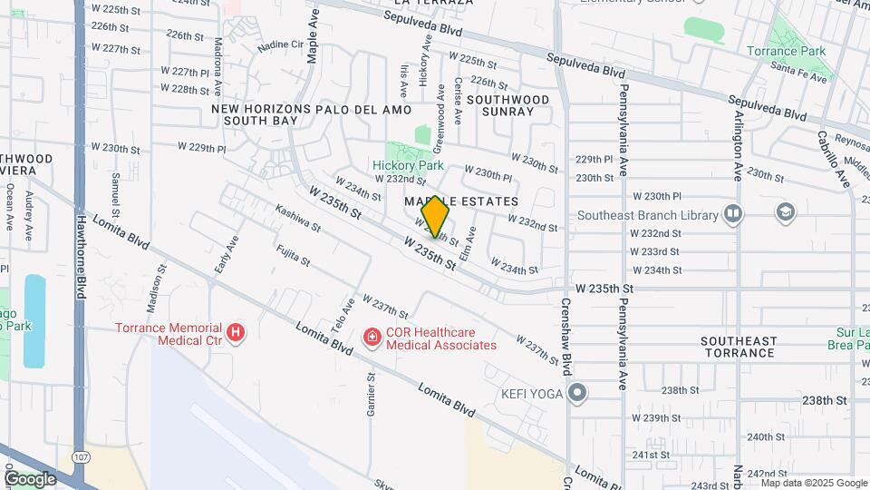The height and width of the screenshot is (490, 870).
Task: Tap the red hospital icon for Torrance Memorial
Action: click(x=236, y=334)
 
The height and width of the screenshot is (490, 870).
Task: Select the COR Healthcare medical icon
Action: click(x=372, y=338)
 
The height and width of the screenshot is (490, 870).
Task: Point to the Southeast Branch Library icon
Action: click(x=733, y=215)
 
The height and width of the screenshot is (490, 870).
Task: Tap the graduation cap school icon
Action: click(x=786, y=212)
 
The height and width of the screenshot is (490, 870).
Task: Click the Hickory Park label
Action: click(x=408, y=166)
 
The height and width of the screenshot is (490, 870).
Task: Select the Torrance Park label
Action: click(x=786, y=51)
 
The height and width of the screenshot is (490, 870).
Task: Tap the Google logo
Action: click(x=29, y=479)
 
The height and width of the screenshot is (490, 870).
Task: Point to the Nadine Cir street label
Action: click(x=280, y=44)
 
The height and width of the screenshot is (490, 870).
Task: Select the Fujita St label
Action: click(x=293, y=255)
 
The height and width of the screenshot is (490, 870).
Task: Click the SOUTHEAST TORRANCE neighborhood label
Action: click(x=739, y=348)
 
